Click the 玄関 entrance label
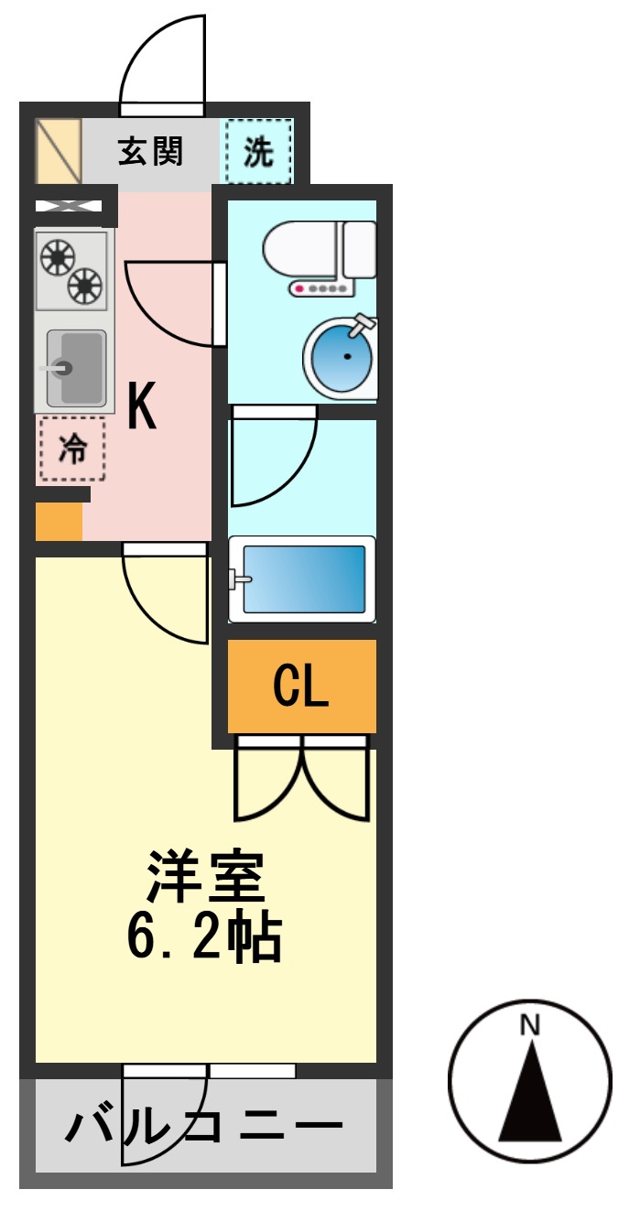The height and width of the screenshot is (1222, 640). tap(150, 151)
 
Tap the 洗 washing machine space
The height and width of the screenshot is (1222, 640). tap(258, 151)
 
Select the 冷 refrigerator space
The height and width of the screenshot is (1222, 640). tap(72, 449)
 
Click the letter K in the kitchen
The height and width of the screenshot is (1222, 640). tap(142, 406)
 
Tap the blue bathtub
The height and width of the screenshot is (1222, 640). tap(303, 579)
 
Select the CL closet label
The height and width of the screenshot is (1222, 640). tap(300, 686)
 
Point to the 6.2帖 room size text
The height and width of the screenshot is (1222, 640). tap(204, 937)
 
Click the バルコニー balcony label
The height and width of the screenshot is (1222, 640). tap(203, 1124)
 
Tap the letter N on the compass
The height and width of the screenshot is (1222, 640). tap(529, 1025)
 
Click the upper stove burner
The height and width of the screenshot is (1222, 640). tap(58, 257)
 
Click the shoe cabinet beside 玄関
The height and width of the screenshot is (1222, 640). tap(59, 151)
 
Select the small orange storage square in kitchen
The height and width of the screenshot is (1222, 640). tap(59, 522)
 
